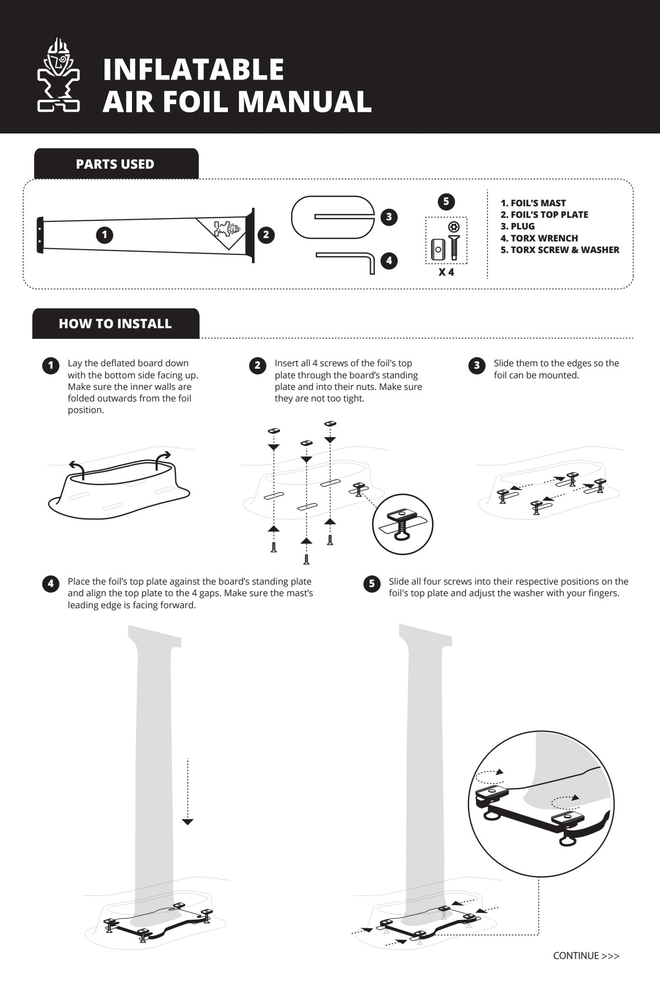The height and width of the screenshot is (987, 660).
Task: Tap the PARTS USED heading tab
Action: pyautogui.click(x=115, y=164)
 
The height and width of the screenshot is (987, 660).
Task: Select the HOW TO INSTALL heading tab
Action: pyautogui.click(x=115, y=323)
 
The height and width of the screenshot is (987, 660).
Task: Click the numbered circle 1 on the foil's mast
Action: pyautogui.click(x=105, y=235)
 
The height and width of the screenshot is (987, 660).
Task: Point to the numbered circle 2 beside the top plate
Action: pyautogui.click(x=266, y=235)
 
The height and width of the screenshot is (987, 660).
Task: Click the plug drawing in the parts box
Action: pyautogui.click(x=333, y=217)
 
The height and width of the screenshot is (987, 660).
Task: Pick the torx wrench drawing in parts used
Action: pyautogui.click(x=347, y=260)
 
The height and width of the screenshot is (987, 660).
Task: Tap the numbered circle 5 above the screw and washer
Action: pyautogui.click(x=446, y=201)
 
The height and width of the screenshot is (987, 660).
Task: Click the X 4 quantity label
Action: pyautogui.click(x=446, y=272)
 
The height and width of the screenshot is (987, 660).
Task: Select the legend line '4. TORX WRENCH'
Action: pyautogui.click(x=539, y=238)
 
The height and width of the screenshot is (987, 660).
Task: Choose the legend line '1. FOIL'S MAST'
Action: pyautogui.click(x=533, y=203)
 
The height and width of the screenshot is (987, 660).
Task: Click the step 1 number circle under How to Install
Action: pyautogui.click(x=51, y=365)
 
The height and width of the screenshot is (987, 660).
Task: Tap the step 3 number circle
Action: pyautogui.click(x=476, y=365)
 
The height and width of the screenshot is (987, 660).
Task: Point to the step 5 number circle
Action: pyautogui.click(x=371, y=584)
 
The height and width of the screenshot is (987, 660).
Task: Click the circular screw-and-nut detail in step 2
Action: pyautogui.click(x=403, y=524)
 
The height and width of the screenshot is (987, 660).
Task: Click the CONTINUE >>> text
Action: pyautogui.click(x=586, y=956)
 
